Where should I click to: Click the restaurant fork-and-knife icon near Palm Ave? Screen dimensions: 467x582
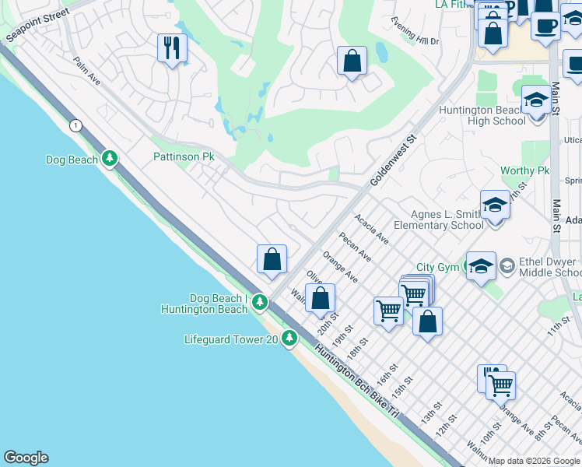(x=171, y=48)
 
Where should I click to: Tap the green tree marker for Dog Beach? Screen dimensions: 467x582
(x=110, y=160)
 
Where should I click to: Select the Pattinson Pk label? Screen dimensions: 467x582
(x=183, y=156)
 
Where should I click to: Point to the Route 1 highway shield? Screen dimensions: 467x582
(x=75, y=125)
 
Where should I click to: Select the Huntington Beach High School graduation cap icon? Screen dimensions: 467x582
(x=535, y=100)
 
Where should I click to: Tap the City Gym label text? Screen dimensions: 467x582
(x=437, y=268)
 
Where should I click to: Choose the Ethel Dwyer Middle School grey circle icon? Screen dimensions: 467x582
(x=507, y=267)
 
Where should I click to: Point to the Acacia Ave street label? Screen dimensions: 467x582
(x=371, y=230)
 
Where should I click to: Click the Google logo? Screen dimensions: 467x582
(x=26, y=458)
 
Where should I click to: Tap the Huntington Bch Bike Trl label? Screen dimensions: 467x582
(x=356, y=378)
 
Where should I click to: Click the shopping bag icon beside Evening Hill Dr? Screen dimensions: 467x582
(x=352, y=60)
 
